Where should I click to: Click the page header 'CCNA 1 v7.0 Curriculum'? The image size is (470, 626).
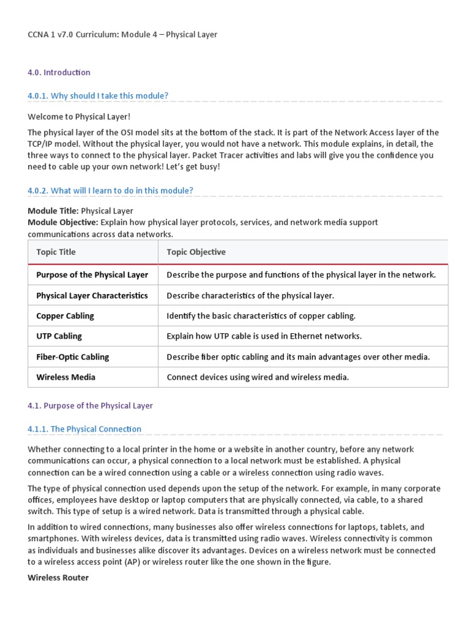click(x=122, y=35)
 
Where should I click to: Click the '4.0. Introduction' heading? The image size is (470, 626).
click(x=59, y=73)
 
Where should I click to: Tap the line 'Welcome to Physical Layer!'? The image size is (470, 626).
click(x=79, y=117)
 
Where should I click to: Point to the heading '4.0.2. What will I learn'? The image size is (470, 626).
click(x=110, y=191)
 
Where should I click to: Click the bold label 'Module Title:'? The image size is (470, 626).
click(x=53, y=211)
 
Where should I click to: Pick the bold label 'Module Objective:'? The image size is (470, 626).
click(x=62, y=223)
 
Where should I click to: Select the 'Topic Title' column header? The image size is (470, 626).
click(x=56, y=252)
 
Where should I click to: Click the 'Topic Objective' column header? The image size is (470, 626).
click(x=196, y=252)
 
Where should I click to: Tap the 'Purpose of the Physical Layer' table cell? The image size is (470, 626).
click(x=92, y=275)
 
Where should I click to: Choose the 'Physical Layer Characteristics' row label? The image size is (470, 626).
click(x=92, y=296)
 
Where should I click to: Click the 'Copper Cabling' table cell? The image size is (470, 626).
click(x=65, y=316)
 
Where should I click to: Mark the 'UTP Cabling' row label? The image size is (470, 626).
click(x=59, y=336)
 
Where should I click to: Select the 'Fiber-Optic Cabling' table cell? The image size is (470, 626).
click(x=73, y=357)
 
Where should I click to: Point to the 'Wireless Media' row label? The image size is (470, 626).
click(x=66, y=377)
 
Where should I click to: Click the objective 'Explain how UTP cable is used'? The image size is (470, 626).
click(x=264, y=336)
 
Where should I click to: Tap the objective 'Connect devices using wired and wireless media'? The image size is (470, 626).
click(x=258, y=377)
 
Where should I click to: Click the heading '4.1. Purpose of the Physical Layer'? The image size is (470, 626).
click(x=90, y=406)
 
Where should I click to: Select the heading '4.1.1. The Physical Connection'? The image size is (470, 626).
click(x=84, y=429)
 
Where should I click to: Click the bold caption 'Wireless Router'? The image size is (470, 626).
click(x=58, y=578)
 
